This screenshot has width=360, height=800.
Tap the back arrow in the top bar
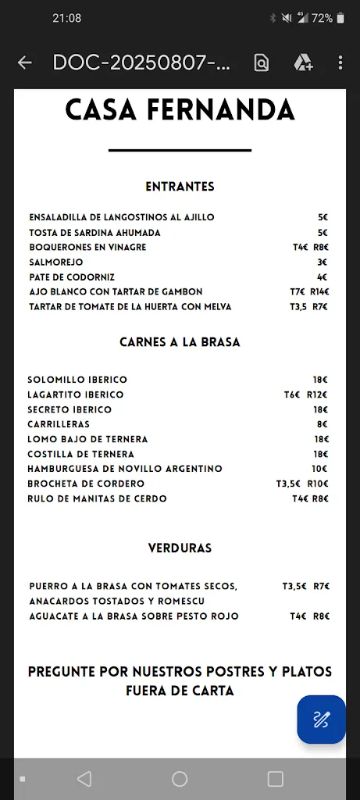pyautogui.click(x=25, y=63)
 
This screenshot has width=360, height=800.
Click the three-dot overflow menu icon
pyautogui.click(x=340, y=63)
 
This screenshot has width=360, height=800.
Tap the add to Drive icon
pyautogui.click(x=303, y=63)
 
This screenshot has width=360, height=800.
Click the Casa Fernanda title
pyautogui.click(x=180, y=110)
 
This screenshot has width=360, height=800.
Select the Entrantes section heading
pyautogui.click(x=180, y=187)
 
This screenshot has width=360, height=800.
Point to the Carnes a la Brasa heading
pyautogui.click(x=180, y=342)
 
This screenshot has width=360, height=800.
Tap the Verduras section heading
pyautogui.click(x=180, y=548)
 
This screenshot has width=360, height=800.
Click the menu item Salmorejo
pyautogui.click(x=56, y=262)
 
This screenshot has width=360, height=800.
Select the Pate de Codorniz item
pyautogui.click(x=72, y=277)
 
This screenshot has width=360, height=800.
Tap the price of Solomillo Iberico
pyautogui.click(x=320, y=380)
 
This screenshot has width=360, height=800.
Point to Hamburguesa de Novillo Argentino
pyautogui.click(x=125, y=469)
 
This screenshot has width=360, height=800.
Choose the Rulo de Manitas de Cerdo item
pyautogui.click(x=97, y=498)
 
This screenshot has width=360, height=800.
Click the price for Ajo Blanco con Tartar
pyautogui.click(x=309, y=292)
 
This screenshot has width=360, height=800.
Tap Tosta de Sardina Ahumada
pyautogui.click(x=94, y=233)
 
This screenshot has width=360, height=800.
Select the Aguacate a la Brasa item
pyautogui.click(x=134, y=616)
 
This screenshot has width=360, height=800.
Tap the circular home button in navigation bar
pyautogui.click(x=180, y=779)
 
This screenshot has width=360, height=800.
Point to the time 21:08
pyautogui.click(x=67, y=18)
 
